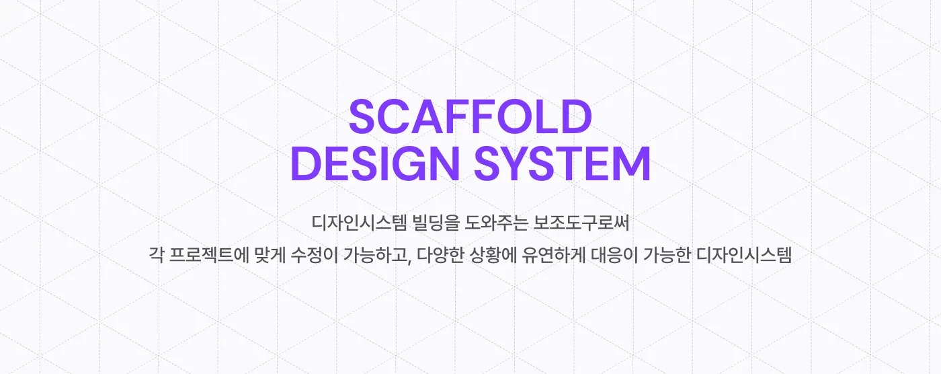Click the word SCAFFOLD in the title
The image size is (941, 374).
(x=470, y=117)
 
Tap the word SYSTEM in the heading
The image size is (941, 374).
(x=562, y=164)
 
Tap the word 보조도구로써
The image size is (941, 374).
(x=581, y=221)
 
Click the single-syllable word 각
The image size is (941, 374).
(x=155, y=256)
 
